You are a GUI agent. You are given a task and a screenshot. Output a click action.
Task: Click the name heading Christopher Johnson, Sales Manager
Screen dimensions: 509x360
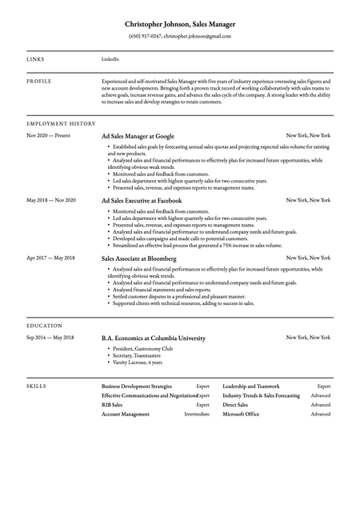tap(180, 26)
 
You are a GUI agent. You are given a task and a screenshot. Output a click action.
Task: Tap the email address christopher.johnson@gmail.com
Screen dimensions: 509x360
tap(198, 37)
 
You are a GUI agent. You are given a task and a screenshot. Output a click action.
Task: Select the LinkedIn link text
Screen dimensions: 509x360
tap(110, 59)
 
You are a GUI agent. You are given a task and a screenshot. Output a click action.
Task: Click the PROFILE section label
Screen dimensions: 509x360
tap(39, 81)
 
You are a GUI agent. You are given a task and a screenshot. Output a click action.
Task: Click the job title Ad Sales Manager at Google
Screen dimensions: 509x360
tap(138, 137)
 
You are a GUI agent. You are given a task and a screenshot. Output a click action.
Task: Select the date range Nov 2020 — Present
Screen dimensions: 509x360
tap(49, 136)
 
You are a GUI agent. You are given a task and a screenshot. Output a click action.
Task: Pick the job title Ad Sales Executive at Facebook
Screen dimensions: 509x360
tap(142, 200)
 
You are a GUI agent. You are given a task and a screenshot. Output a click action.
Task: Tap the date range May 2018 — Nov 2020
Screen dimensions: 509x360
tap(51, 199)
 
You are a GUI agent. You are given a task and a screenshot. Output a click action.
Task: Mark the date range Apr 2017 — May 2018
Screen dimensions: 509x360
tap(50, 258)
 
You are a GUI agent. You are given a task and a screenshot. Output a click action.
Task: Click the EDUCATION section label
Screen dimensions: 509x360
tap(44, 327)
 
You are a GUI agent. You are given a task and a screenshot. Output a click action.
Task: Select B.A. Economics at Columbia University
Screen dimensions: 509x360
tap(154, 339)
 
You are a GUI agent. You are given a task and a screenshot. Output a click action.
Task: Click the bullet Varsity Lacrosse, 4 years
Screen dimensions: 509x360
tap(137, 363)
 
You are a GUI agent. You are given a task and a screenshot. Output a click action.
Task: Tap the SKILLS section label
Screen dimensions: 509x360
tap(36, 386)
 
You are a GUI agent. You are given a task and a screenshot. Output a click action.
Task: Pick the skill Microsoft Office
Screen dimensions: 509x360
tap(241, 415)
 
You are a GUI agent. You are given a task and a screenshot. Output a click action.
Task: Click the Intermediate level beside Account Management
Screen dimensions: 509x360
tap(197, 415)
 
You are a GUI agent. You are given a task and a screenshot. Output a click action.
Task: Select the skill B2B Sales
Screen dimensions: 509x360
tap(112, 405)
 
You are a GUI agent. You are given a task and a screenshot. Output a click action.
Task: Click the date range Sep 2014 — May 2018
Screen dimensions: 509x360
tap(50, 338)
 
